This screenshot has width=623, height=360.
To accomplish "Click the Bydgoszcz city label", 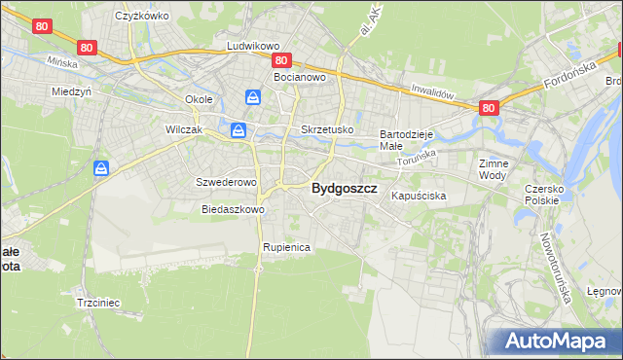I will pos(344,190).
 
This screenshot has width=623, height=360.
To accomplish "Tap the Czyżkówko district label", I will pos(142,16).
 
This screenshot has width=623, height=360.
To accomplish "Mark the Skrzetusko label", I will pos(327,129).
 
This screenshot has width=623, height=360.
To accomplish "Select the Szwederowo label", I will pos(226,182).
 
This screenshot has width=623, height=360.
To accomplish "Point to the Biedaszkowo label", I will pos(233,209).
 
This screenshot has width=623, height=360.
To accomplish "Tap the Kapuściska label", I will pos(419,196).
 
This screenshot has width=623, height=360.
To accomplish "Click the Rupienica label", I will pos(286,248).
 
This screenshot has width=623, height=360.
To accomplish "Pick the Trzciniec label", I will pos(97,303).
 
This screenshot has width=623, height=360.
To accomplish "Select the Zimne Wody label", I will pos(493,170).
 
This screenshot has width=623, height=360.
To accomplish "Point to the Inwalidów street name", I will pos(432,92).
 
